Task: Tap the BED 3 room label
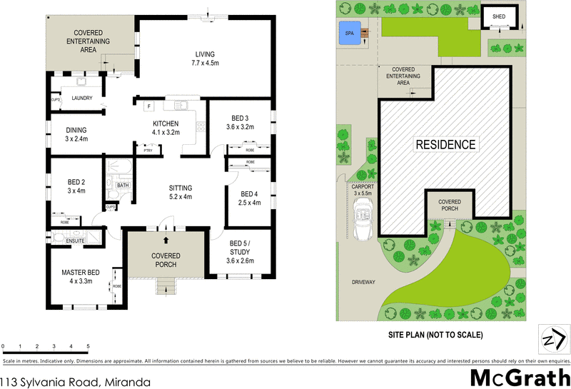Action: tap(240, 123)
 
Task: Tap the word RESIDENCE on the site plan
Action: tap(445, 145)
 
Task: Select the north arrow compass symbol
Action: tap(554, 338)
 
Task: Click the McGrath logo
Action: tap(520, 377)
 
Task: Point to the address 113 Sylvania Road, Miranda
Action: tap(76, 382)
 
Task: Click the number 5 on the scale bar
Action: tap(88, 346)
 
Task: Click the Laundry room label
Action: tap(76, 98)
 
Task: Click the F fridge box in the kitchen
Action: tap(148, 106)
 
